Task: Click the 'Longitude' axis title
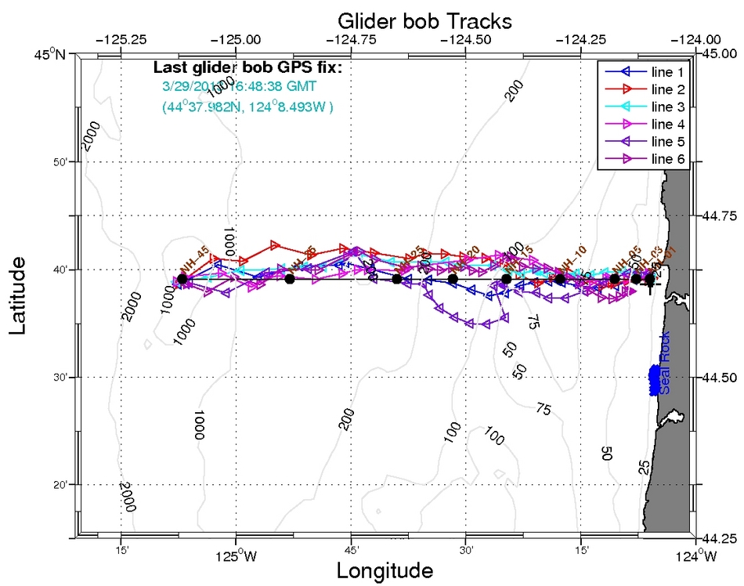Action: tap(385, 570)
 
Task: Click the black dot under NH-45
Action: tap(182, 279)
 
